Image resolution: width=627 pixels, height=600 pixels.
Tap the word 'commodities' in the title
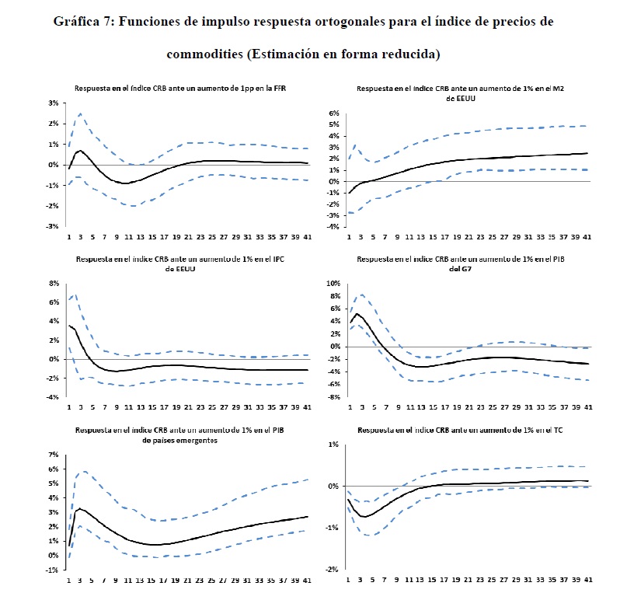(x=204, y=54)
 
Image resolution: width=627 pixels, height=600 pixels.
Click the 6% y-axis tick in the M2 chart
(x=334, y=113)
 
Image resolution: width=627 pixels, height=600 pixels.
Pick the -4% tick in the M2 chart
(x=333, y=226)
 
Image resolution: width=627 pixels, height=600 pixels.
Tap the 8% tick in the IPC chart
(x=54, y=283)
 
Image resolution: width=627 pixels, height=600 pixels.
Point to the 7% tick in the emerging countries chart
(x=54, y=454)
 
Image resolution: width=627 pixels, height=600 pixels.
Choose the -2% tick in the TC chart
(x=333, y=570)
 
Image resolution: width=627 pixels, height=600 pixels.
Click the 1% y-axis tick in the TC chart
(x=334, y=445)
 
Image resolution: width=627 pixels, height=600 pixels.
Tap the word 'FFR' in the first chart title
(x=279, y=89)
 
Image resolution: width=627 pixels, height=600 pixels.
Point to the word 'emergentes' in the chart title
(x=196, y=439)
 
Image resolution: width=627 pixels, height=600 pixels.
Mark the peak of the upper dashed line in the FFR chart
(x=80, y=114)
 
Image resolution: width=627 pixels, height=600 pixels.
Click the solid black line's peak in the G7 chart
(x=357, y=314)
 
